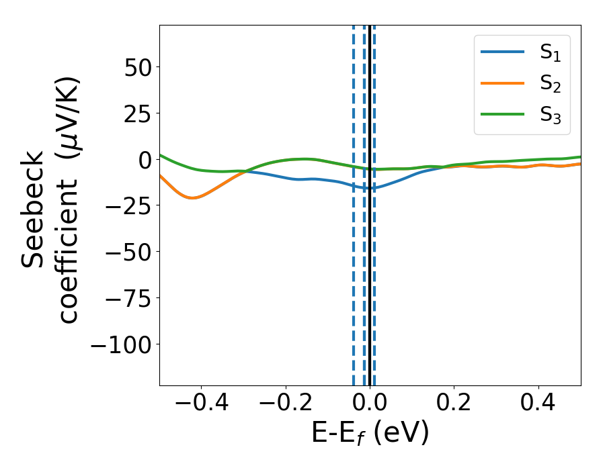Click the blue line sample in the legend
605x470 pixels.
pos(502,52)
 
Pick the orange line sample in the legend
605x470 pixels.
pos(502,83)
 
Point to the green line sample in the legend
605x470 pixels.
pos(502,113)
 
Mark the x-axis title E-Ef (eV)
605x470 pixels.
pos(370,434)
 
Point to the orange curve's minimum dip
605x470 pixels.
pos(192,198)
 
